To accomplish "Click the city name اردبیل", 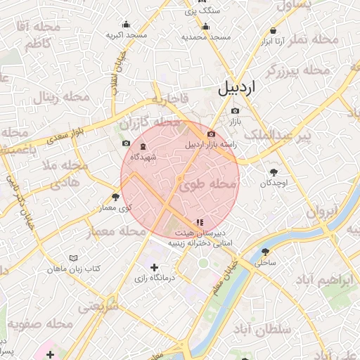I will point(238,89).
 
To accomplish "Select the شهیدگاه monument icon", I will point(143,147).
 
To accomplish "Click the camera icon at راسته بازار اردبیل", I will point(211,134).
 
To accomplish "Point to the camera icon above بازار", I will point(235,110).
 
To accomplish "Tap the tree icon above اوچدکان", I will point(273,172).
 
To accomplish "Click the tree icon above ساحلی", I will point(265,251).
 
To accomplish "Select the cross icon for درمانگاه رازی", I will point(155,267).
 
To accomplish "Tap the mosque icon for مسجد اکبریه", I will point(126,24).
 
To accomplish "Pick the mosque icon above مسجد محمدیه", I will point(205,27).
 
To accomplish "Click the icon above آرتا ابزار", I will point(272,31).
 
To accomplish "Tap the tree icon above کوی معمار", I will point(115,196).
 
